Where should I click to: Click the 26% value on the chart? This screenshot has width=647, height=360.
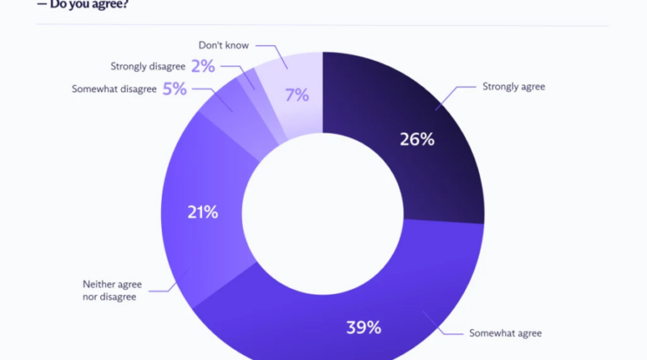[x=417, y=139]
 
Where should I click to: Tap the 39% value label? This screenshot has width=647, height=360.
[x=363, y=328]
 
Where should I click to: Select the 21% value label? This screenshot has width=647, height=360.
[x=203, y=212]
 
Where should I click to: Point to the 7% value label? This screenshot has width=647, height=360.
[x=297, y=95]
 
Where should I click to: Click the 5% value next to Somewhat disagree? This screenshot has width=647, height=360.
[x=175, y=89]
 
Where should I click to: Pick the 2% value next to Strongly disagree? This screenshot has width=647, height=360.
[x=203, y=66]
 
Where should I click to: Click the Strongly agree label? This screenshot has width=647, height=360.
[x=514, y=87]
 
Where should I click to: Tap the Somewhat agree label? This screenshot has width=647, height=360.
[x=505, y=333]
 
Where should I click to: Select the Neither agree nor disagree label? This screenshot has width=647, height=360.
[x=112, y=290]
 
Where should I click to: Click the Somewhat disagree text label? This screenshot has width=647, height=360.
[x=114, y=89]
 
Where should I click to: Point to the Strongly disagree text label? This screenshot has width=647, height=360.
[x=148, y=66]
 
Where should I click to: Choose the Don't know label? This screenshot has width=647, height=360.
[x=224, y=45]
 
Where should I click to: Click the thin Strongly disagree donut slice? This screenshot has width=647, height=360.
[x=261, y=108]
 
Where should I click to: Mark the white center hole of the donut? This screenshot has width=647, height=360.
[x=323, y=214]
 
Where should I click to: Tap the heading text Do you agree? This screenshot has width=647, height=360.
[x=89, y=5]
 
